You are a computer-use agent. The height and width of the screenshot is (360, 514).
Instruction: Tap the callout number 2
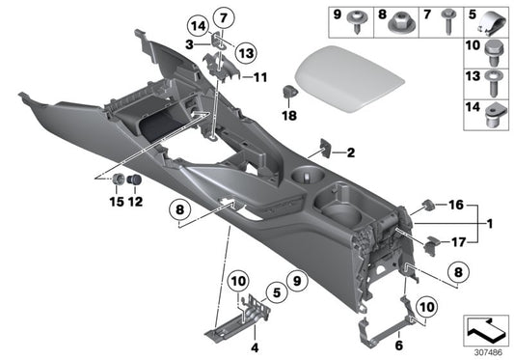(351, 152)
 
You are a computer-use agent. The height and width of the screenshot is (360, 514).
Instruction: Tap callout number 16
(457, 205)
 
